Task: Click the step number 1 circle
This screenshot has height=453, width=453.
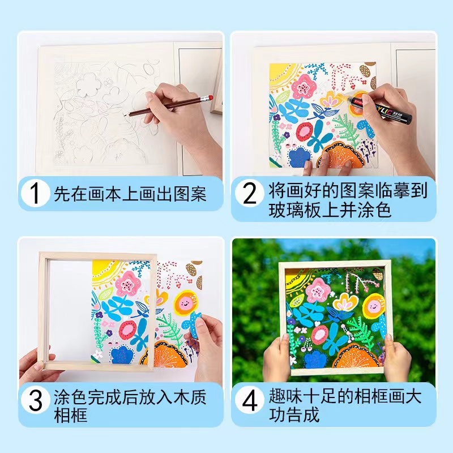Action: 36,193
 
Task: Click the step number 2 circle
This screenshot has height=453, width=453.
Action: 250,193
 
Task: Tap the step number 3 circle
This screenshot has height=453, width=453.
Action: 36,400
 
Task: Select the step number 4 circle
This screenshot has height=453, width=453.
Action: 250,400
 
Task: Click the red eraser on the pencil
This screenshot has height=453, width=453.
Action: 210,97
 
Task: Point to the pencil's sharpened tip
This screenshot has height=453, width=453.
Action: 125,115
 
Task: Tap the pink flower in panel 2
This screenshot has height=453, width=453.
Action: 304,87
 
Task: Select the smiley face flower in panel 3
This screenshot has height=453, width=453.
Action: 185,303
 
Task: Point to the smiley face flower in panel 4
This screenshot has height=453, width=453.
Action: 374,306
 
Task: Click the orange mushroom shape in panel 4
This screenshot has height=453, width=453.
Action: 356,356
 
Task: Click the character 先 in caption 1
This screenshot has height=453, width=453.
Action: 62,194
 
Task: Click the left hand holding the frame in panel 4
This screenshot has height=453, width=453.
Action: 277,357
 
